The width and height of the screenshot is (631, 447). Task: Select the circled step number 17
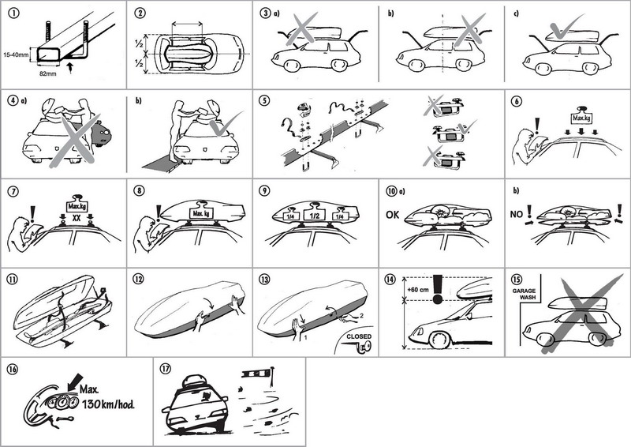166,368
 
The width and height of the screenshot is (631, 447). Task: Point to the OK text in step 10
394,213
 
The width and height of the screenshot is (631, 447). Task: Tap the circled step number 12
140,280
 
